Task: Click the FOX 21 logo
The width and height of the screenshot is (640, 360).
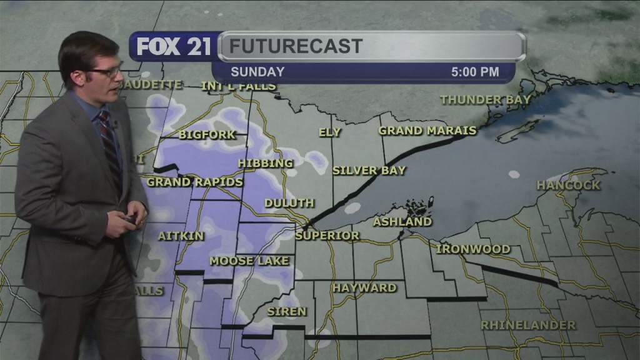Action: (174, 46)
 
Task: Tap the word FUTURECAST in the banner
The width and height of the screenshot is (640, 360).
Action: (295, 46)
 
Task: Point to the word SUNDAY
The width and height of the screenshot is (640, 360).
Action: (257, 72)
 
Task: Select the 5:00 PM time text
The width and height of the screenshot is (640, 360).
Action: (475, 72)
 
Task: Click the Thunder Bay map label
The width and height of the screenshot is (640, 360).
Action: (485, 99)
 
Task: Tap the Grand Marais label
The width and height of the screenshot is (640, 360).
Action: (427, 131)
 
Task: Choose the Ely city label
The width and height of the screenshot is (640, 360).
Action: (329, 132)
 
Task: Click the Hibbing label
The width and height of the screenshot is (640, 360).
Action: (265, 163)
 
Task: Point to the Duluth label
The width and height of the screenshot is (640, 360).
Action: (289, 203)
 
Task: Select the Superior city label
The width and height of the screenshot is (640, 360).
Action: (327, 236)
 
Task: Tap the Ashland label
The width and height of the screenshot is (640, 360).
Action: (402, 221)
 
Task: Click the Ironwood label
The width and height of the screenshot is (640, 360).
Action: (473, 249)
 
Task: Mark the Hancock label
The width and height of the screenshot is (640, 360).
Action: (568, 185)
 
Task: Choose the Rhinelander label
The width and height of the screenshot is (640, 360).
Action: (528, 325)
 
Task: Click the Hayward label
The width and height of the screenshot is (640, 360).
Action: (364, 287)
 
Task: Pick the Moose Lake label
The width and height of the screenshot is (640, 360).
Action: (249, 261)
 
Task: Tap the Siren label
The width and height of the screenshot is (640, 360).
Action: (287, 311)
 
